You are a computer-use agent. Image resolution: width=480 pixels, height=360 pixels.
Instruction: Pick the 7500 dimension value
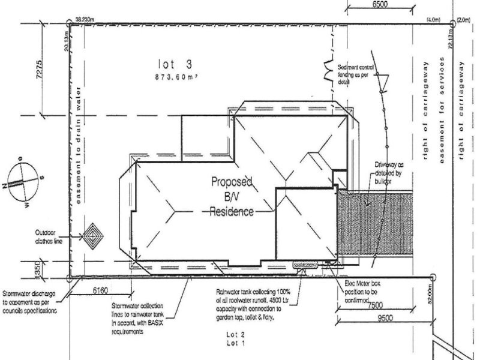376,305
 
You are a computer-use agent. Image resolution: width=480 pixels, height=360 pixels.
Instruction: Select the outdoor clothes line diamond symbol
93,238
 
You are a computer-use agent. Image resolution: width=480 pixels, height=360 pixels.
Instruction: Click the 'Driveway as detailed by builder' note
389,172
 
